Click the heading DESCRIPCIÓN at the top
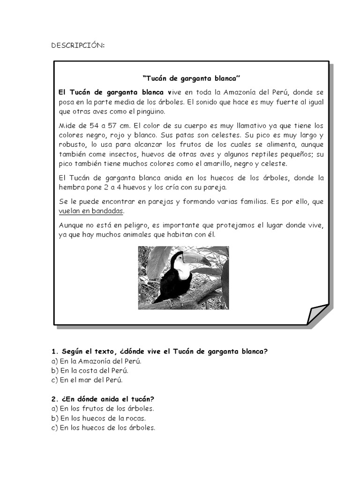click(x=78, y=45)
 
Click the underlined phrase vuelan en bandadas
click(x=91, y=211)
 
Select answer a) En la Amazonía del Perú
click(x=96, y=361)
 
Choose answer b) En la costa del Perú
click(x=89, y=370)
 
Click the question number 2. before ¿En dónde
click(x=54, y=399)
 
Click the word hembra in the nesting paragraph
click(x=70, y=187)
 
